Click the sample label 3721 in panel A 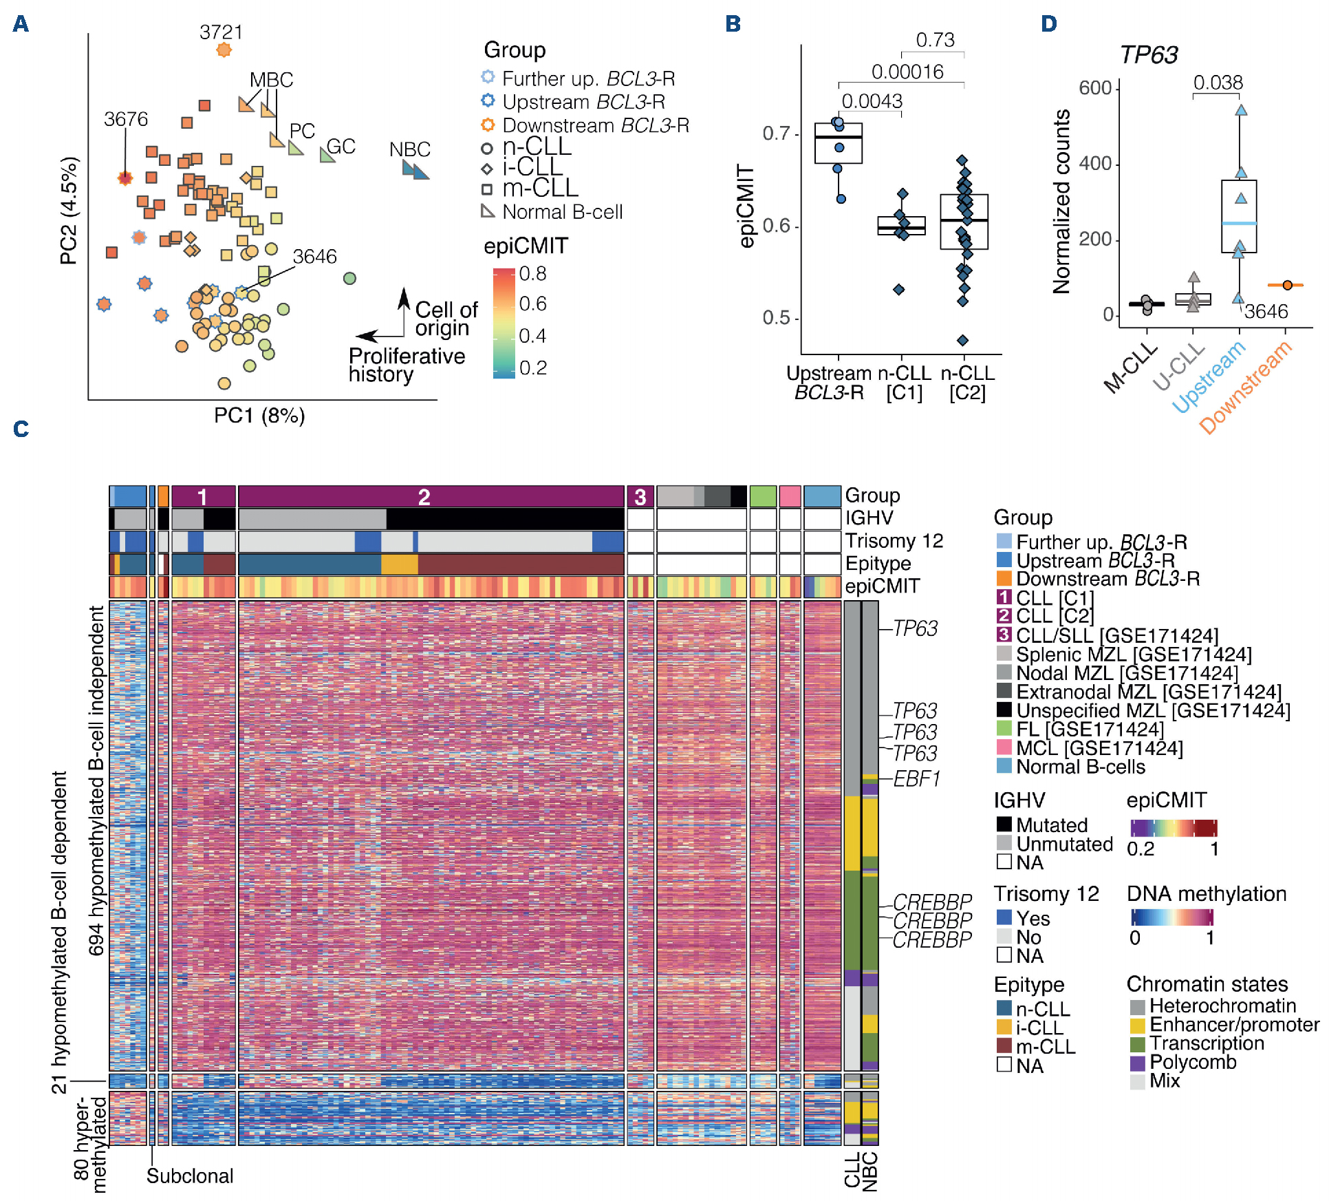221,32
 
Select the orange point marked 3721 224,50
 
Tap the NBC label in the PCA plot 409,149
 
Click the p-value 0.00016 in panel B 907,72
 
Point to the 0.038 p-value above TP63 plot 1218,83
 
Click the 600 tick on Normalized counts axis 1095,88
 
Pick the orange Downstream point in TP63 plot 1287,285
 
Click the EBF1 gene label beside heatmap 916,778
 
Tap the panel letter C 21,429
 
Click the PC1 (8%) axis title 259,416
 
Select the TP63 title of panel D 1148,54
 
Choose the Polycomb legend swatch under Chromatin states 1137,1063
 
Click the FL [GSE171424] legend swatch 1004,728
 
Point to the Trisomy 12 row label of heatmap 894,541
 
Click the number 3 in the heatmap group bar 640,497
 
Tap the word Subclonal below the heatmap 189,1176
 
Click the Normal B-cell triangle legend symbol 488,211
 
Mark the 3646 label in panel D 1266,312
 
